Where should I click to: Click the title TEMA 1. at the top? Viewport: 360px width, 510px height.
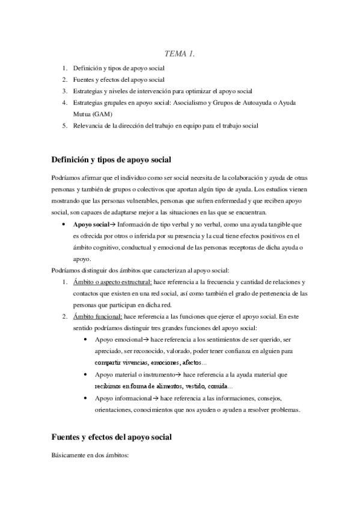click(180, 55)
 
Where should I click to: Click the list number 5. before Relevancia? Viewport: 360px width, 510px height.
click(64, 125)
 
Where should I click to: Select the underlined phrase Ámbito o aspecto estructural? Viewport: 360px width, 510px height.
click(112, 282)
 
